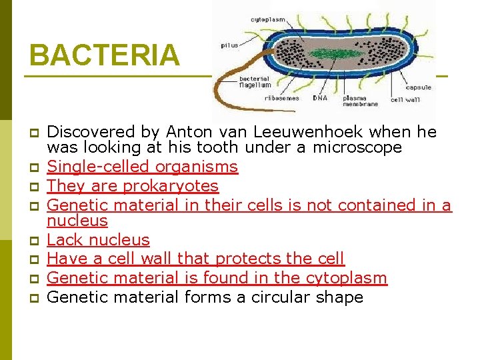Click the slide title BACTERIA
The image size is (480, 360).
click(x=104, y=55)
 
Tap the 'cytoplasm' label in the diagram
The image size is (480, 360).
click(x=267, y=19)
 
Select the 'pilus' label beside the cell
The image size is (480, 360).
click(x=229, y=45)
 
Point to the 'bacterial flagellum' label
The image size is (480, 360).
click(x=255, y=81)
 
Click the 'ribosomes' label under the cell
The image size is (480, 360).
click(x=281, y=98)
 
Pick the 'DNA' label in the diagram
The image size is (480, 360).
click(x=320, y=98)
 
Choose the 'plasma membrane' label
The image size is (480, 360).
click(x=360, y=101)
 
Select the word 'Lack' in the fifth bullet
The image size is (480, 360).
click(x=65, y=239)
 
